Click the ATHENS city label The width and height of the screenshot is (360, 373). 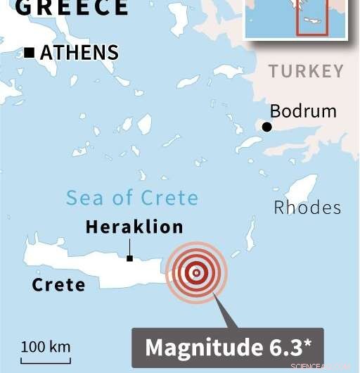click(79, 52)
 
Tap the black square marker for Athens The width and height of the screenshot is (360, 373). click(30, 52)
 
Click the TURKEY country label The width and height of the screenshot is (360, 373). click(307, 71)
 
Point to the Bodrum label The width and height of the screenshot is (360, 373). click(303, 111)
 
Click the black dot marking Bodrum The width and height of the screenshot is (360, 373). click(267, 127)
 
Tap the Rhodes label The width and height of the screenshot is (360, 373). click(307, 207)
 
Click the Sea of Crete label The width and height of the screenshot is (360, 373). click(132, 198)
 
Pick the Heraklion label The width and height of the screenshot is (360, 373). click(134, 227)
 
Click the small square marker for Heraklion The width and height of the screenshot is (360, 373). click(129, 258)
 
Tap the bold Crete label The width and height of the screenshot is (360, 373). click(58, 285)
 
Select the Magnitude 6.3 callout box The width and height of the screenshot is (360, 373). click(228, 347)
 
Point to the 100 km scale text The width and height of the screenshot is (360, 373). click(45, 346)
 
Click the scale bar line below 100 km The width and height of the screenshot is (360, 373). click(45, 362)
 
